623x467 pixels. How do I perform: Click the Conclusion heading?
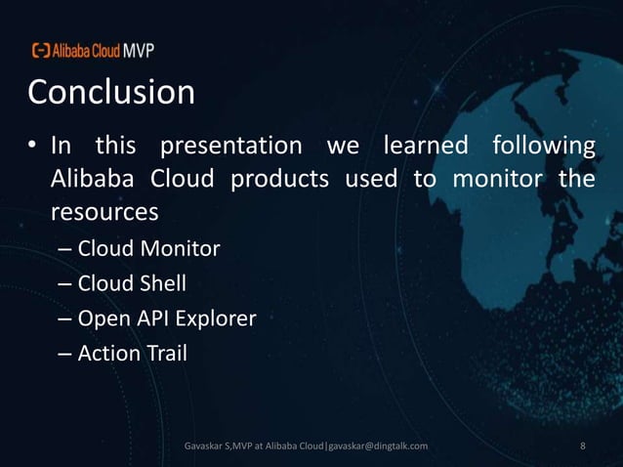pos(110,93)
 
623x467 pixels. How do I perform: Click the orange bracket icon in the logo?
pos(41,50)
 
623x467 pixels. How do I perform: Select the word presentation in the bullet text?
pos(230,148)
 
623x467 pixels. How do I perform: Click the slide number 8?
pos(583,446)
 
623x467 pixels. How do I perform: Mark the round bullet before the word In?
pos(31,149)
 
